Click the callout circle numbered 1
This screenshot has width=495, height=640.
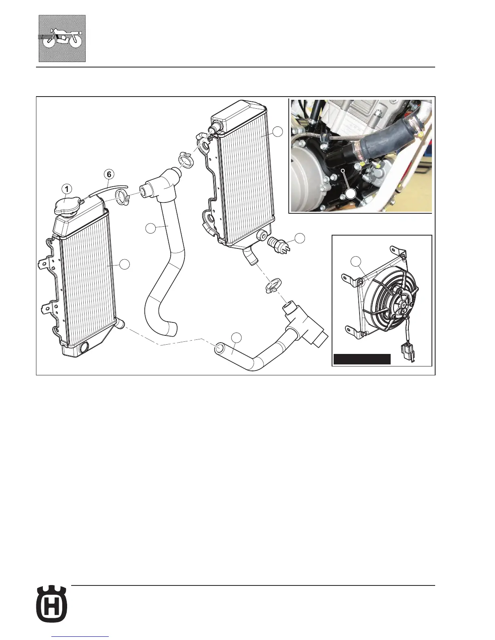coord(67,188)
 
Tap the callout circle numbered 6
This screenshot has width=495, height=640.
coord(108,174)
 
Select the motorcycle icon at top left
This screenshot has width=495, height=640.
coord(62,38)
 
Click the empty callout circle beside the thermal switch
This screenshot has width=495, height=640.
coord(300,238)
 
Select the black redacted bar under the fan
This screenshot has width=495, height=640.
coord(362,359)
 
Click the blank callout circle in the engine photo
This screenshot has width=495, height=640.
coord(351,195)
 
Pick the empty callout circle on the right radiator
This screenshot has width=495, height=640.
coord(278,131)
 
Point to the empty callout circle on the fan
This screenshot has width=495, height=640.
coord(356,261)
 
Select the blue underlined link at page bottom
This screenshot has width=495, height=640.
coord(81,637)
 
